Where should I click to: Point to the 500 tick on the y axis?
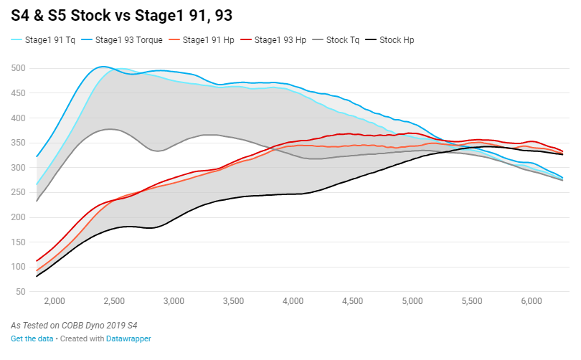coord(18,68)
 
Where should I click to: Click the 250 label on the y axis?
coord(18,192)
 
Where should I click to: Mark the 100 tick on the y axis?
coord(18,267)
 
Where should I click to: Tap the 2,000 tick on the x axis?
coord(55,302)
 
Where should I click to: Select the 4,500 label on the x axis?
coord(352,302)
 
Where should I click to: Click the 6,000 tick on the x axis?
coord(531,302)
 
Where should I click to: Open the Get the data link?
coord(32,338)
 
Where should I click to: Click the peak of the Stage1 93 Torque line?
coord(103,67)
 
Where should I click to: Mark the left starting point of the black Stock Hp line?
coord(37,276)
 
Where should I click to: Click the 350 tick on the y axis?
coord(18,143)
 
